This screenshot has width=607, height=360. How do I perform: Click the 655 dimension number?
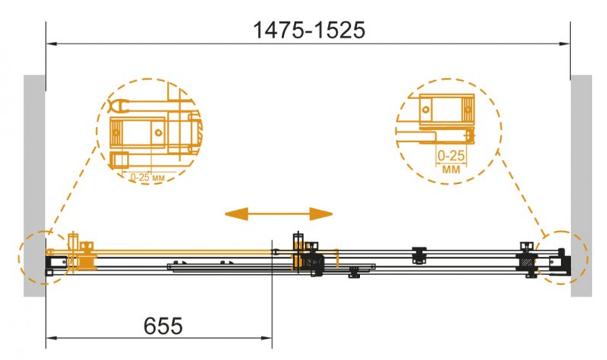click(x=163, y=327)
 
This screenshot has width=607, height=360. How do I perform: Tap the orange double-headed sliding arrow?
click(x=279, y=214)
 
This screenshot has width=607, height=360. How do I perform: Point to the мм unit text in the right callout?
click(x=451, y=169)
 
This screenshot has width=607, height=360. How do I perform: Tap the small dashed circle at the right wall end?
click(x=563, y=257)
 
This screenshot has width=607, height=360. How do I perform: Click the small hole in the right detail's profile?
click(x=426, y=110)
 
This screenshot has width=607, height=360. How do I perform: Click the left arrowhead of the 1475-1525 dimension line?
click(x=51, y=44)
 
